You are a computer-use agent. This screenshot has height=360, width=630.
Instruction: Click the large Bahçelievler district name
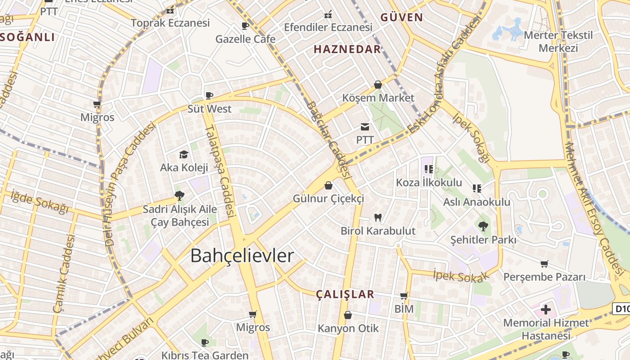[242, 256]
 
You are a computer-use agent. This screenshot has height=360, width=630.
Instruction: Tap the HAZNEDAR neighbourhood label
[347, 49]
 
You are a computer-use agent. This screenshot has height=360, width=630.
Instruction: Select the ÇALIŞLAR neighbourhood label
[345, 294]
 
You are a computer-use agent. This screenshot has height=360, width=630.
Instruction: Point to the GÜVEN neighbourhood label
[401, 18]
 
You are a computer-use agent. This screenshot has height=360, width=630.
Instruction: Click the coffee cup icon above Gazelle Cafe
[245, 26]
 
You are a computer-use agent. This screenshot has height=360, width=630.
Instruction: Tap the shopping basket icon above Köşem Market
[378, 85]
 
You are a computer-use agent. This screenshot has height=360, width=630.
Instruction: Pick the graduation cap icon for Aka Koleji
[184, 155]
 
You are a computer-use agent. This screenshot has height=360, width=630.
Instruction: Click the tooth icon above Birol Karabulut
[378, 218]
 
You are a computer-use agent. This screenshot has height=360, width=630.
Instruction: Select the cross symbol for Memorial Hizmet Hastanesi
[546, 310]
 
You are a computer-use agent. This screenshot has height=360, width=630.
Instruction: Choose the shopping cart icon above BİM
[404, 296]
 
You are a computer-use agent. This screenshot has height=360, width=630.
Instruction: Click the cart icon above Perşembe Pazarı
[544, 264]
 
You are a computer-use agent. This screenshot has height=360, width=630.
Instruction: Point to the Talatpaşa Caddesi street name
[220, 171]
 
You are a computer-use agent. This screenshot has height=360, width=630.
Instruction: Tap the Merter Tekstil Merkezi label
[558, 41]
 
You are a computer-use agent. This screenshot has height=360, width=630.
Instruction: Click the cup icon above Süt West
[209, 95]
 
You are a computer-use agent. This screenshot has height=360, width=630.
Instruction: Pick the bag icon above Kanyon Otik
[348, 315]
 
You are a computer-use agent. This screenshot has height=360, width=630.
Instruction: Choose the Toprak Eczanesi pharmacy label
[170, 23]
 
